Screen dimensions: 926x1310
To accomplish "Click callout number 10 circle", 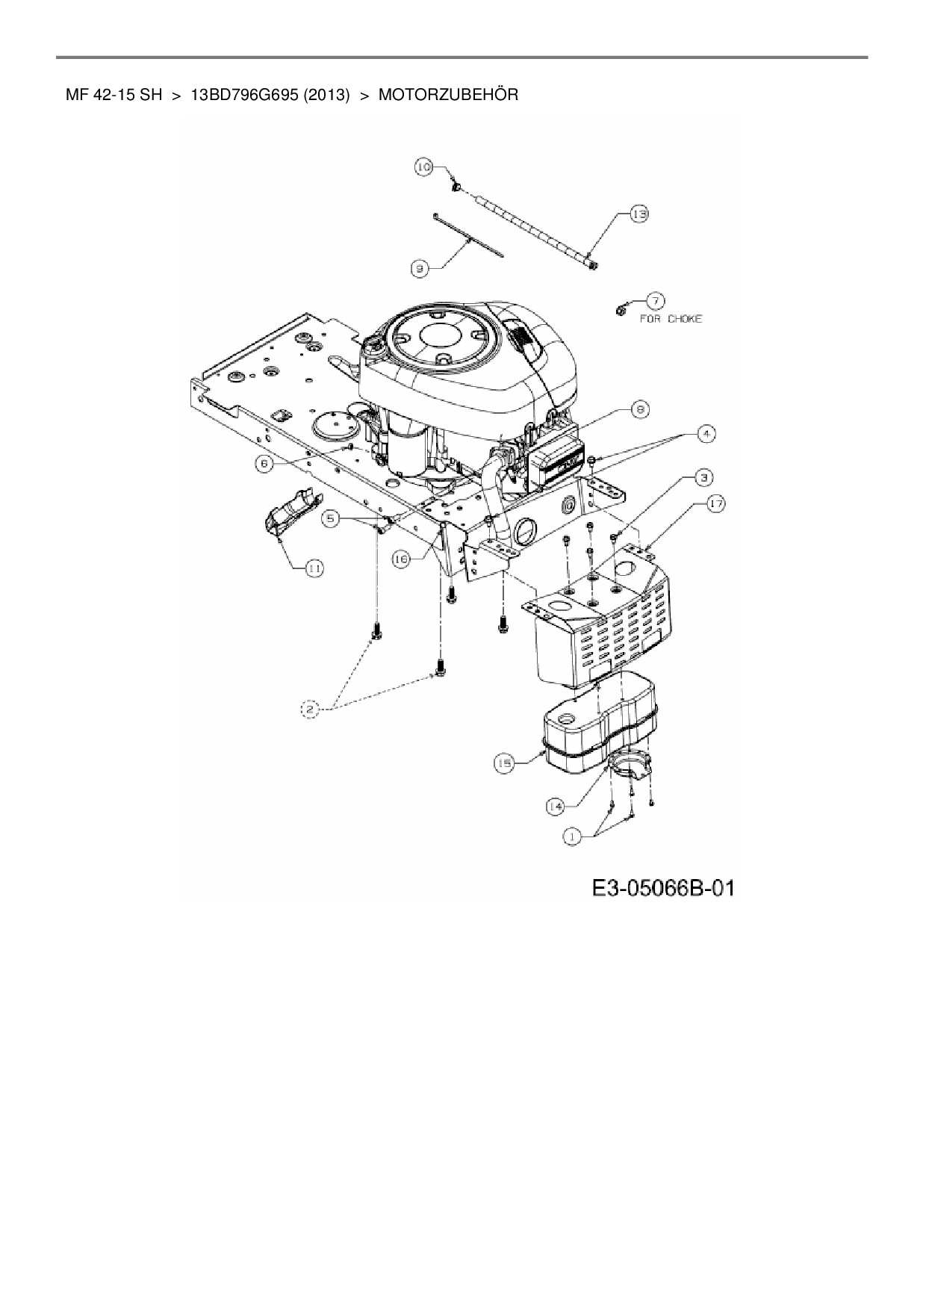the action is tap(424, 167).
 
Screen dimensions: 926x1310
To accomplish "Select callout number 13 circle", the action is tap(638, 215).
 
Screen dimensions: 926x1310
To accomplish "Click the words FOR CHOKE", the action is tap(671, 319).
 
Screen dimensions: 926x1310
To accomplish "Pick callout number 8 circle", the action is tap(640, 409).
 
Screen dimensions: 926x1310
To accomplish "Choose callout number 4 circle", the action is tap(706, 432).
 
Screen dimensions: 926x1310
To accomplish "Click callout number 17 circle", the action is tap(716, 504).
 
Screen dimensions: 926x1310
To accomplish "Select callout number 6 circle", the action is tap(264, 463).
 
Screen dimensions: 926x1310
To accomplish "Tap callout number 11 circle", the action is tap(314, 569).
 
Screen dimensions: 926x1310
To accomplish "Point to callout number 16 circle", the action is tap(401, 559).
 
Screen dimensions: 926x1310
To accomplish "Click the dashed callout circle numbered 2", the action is tap(310, 709).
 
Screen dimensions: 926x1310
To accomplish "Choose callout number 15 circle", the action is tap(505, 763).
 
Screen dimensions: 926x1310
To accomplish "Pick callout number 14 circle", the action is tap(555, 806).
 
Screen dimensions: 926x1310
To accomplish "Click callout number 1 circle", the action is tap(572, 837).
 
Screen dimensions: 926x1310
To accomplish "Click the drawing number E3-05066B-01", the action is tap(663, 888).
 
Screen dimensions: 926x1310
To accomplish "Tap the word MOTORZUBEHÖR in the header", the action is tap(448, 95).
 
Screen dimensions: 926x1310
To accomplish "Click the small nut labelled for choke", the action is tap(619, 309).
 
